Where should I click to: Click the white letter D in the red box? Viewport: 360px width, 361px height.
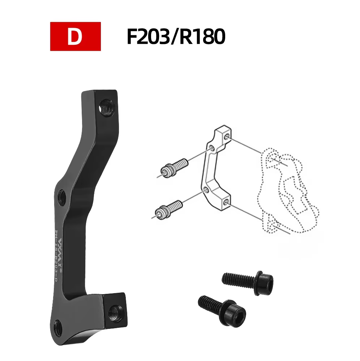pyautogui.click(x=75, y=37)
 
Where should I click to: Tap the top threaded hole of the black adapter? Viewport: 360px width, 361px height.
pyautogui.click(x=107, y=108)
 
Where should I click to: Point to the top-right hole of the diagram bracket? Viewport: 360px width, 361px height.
pyautogui.click(x=226, y=137)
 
